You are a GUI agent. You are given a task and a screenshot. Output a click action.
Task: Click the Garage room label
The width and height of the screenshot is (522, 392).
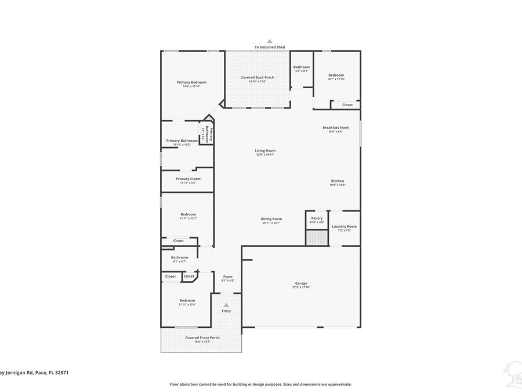tap(301, 283)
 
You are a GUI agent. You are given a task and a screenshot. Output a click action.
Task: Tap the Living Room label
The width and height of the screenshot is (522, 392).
tap(265, 150)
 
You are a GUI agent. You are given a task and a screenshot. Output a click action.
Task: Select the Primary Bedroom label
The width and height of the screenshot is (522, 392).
tap(191, 82)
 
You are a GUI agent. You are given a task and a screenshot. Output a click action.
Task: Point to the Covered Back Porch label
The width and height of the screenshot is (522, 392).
tap(258, 77)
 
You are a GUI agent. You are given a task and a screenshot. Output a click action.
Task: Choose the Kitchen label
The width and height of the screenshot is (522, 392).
tap(338, 181)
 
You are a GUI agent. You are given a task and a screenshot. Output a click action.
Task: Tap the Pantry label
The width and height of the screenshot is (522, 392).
tap(317, 218)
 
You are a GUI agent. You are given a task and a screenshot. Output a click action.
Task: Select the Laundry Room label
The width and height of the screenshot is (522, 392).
tap(344, 226)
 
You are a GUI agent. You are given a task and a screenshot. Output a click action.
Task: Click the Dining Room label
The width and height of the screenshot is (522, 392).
tap(271, 219)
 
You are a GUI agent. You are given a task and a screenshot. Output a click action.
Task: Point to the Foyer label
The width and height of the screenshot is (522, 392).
tap(228, 276)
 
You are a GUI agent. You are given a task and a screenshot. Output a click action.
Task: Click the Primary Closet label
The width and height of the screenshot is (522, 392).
tap(188, 179)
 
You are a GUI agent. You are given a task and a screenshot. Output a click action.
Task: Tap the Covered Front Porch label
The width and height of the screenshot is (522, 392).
tap(202, 337)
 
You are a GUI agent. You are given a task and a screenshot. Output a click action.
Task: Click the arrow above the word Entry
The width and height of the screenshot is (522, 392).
tap(226, 305)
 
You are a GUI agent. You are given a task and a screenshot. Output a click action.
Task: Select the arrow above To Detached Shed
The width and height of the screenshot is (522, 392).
tap(269, 41)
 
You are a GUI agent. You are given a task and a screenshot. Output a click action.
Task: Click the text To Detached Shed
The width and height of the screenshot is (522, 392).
tap(269, 47)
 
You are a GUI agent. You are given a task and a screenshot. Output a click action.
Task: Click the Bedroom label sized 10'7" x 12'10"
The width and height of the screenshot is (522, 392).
tap(336, 75)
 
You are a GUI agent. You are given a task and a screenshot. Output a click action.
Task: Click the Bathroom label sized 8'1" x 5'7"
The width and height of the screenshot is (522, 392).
tap(179, 257)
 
